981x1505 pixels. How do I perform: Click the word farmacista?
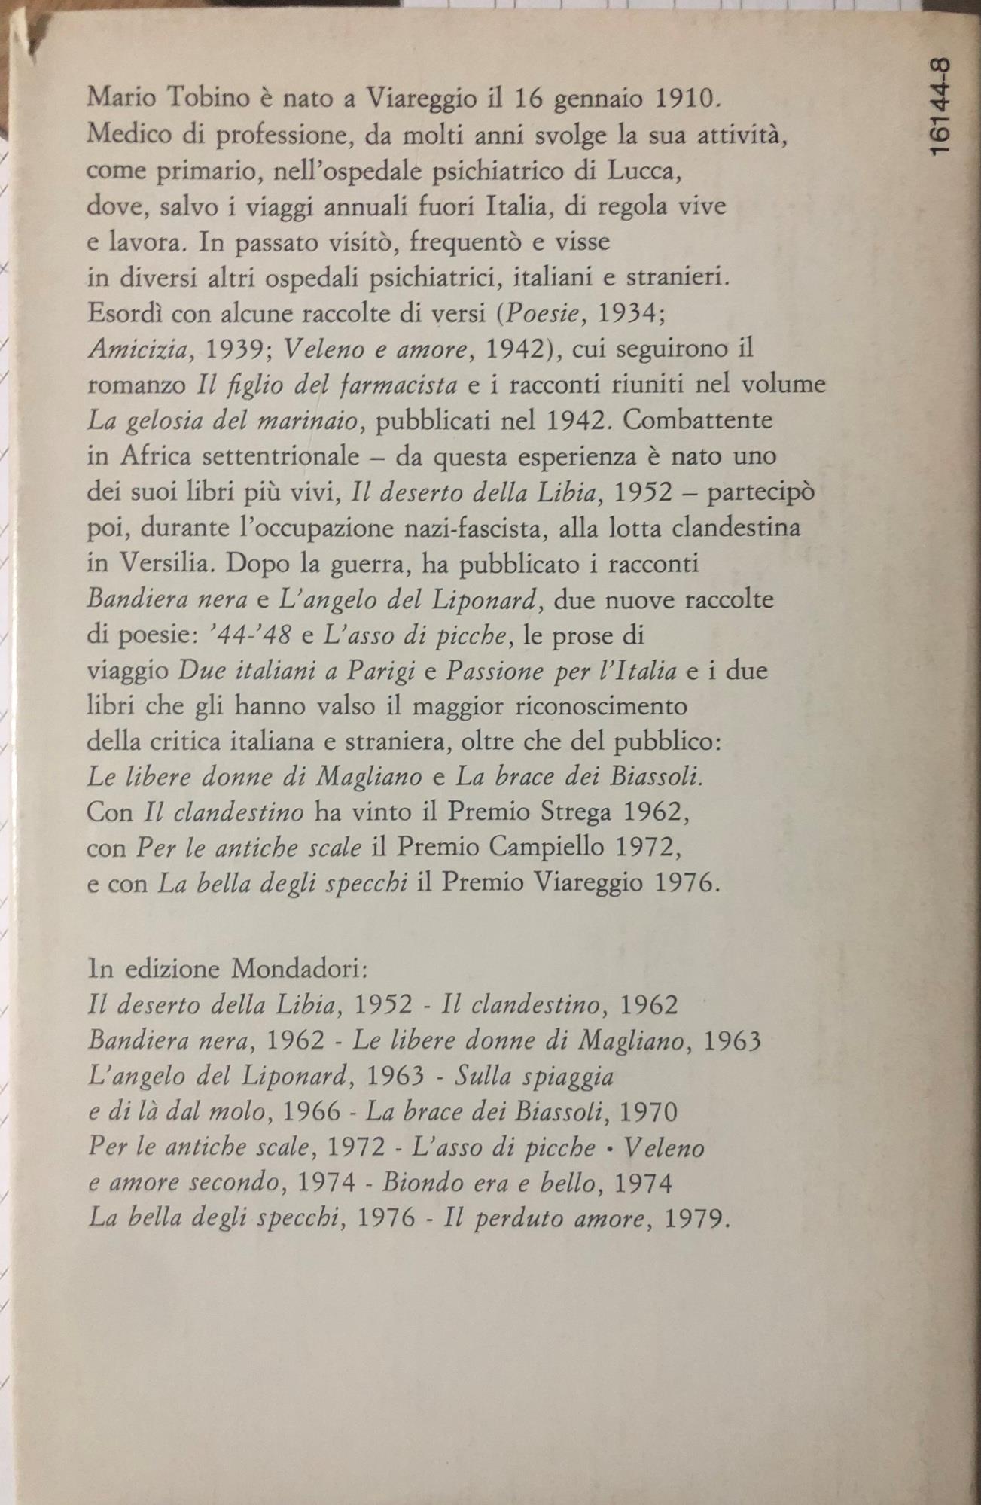(400, 385)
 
